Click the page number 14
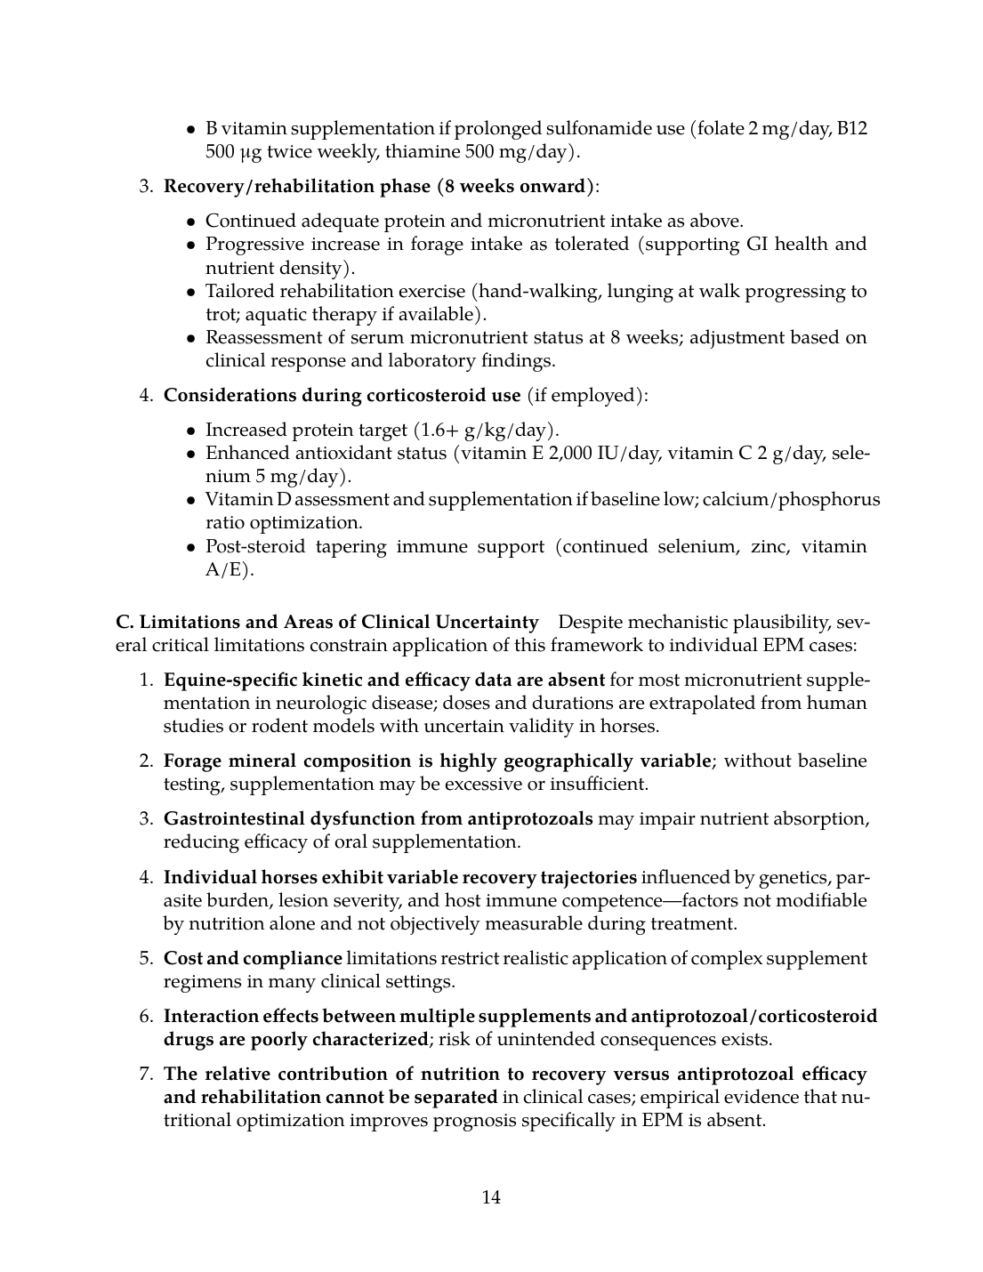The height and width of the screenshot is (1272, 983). (x=491, y=1197)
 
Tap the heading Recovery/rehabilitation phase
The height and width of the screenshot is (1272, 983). (x=285, y=187)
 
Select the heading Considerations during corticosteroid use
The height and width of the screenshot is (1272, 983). (x=342, y=396)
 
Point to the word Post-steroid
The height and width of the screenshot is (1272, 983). (x=254, y=547)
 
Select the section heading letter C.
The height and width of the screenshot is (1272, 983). (x=123, y=622)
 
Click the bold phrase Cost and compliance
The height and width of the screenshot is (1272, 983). (x=253, y=959)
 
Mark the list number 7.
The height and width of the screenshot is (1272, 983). (x=146, y=1075)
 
